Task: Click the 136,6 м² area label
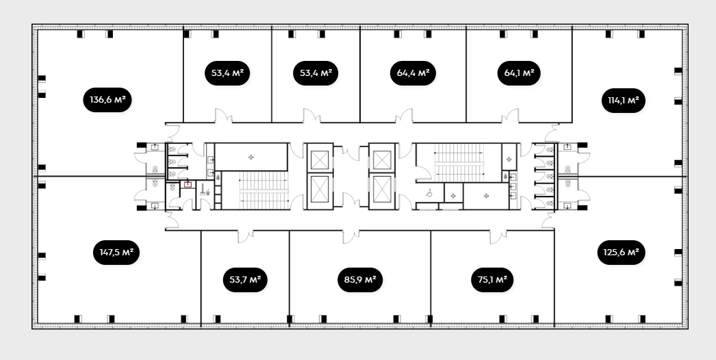107,100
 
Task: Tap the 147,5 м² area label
116,252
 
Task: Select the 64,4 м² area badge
413,73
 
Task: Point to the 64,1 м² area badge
519,73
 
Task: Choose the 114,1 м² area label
624,101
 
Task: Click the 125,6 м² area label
621,252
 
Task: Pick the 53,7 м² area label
245,280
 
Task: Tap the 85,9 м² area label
360,280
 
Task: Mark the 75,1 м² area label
492,280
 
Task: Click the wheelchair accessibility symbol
429,194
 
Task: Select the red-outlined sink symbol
188,185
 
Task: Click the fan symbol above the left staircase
251,157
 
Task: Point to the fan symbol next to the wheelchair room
453,196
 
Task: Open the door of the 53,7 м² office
245,235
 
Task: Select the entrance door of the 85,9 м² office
350,236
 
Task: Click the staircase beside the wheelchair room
459,163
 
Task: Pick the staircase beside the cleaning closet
264,190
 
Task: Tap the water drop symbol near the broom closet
218,177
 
